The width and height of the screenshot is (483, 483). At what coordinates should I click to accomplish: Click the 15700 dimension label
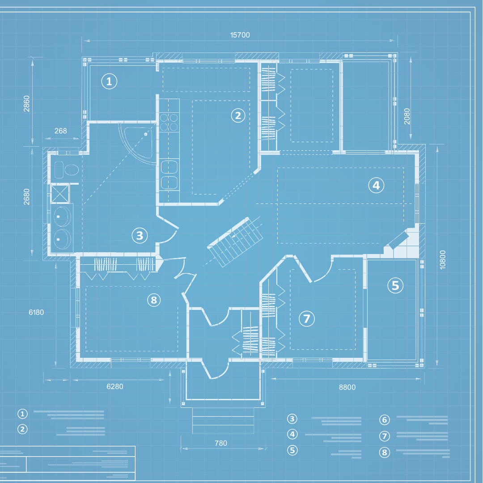pos(240,35)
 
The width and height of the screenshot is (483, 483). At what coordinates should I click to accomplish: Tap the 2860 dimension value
pos(26,103)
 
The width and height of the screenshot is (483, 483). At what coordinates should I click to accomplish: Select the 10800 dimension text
pos(442,259)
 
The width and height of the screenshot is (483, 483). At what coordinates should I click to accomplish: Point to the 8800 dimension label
pos(347,387)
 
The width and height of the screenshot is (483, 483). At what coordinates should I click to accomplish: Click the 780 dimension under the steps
pos(221,443)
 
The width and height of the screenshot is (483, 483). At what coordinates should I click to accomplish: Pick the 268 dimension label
pos(60,131)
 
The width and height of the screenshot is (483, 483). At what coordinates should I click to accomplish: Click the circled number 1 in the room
pos(109,81)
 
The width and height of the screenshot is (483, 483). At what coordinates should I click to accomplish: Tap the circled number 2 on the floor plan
pos(238,116)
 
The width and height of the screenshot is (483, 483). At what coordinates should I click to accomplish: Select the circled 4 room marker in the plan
pos(376,185)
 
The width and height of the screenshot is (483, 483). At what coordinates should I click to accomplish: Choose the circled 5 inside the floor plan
pos(395,285)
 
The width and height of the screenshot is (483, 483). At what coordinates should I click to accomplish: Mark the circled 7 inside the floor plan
pos(307,318)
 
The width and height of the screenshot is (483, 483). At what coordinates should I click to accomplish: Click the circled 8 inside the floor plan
pos(154,300)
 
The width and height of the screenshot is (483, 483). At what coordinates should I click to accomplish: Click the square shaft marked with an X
pos(59,193)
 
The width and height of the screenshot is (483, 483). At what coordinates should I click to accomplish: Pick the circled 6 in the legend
pos(385,419)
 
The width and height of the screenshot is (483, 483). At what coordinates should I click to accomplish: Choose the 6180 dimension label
pos(36,312)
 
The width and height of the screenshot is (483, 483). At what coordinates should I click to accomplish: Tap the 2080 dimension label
pos(407,116)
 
